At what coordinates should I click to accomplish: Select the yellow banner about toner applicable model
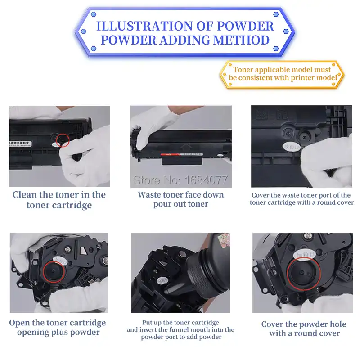(x=282, y=74)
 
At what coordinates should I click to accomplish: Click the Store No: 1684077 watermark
(x=180, y=180)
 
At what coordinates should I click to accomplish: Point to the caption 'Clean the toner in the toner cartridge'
(x=59, y=200)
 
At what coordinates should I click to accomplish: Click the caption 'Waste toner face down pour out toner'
(x=180, y=199)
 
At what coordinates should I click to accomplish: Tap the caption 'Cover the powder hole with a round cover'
(x=304, y=328)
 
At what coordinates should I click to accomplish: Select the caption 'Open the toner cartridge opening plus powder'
(x=58, y=328)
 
